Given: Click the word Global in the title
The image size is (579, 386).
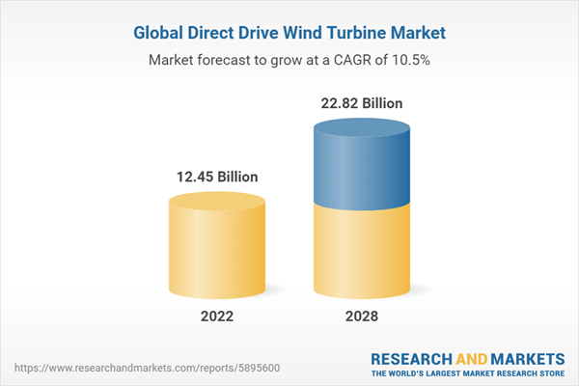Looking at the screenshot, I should [x=158, y=33].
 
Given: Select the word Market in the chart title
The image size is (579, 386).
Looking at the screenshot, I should [x=413, y=33].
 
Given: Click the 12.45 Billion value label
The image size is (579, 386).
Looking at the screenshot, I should [x=216, y=177].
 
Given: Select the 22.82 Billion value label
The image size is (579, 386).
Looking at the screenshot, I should [x=361, y=103].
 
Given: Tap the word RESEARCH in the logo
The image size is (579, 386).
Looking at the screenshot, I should [x=413, y=357].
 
